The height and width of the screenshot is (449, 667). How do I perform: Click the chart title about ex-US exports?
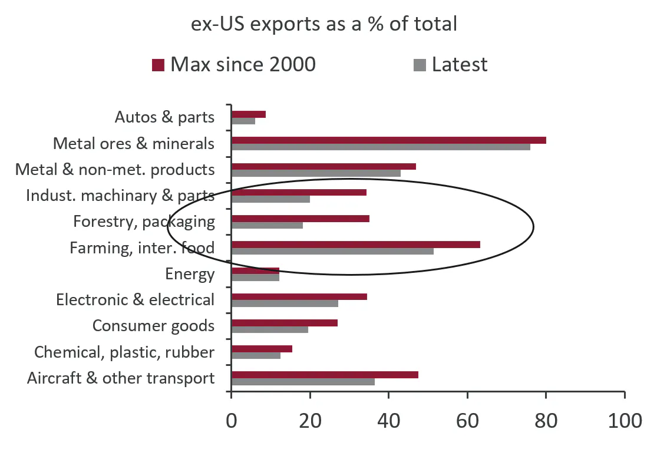click(323, 25)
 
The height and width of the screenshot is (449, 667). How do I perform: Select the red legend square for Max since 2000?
click(157, 64)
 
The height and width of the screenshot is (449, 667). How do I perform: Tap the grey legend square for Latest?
click(420, 64)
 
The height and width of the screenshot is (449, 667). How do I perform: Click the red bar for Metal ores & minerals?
click(388, 140)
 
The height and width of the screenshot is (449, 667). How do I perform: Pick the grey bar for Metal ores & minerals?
click(381, 147)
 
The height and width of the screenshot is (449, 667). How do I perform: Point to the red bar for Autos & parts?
click(249, 114)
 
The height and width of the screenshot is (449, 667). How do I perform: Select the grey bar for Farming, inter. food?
click(332, 251)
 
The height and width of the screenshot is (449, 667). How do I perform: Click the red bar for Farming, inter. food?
click(355, 244)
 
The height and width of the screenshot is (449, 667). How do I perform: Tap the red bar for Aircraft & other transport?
click(325, 374)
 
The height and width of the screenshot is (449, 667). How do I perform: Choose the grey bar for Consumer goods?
click(270, 329)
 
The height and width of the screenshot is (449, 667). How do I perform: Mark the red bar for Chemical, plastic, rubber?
click(262, 348)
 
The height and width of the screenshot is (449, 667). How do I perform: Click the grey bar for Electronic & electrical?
click(285, 303)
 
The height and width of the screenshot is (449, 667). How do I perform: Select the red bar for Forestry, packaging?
click(301, 218)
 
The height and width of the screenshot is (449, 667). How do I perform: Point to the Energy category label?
click(190, 274)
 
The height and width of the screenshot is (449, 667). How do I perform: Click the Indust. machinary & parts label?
click(120, 196)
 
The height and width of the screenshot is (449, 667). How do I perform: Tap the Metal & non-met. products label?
click(115, 170)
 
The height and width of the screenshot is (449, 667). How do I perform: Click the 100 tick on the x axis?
click(624, 421)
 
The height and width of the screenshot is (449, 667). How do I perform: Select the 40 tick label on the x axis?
click(388, 421)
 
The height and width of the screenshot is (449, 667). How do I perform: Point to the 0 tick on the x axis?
click(232, 421)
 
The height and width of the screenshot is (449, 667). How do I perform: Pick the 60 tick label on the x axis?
click(467, 421)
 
